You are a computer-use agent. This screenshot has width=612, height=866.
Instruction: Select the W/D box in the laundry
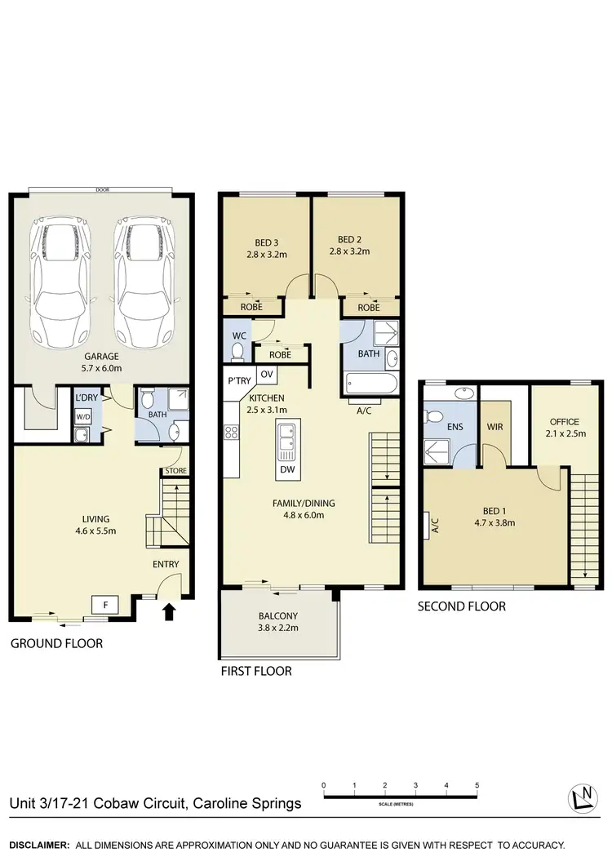(83, 416)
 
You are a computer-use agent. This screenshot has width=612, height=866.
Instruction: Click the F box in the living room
(105, 606)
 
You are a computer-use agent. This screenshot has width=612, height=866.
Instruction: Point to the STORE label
(175, 471)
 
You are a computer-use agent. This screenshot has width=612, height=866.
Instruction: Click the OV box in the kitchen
(266, 374)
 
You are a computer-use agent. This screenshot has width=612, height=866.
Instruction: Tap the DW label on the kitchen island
(287, 469)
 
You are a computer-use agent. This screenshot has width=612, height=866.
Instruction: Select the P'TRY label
(239, 380)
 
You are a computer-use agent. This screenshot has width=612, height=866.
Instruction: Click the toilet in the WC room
(237, 351)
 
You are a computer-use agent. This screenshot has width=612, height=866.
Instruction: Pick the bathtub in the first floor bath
(370, 384)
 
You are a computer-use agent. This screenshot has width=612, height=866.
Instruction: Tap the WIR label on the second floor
(494, 427)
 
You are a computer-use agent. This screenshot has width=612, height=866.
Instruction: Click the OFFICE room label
(565, 422)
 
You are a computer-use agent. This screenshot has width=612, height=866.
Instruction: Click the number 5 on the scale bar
(477, 785)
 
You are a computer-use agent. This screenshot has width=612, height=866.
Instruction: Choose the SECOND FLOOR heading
(461, 606)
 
